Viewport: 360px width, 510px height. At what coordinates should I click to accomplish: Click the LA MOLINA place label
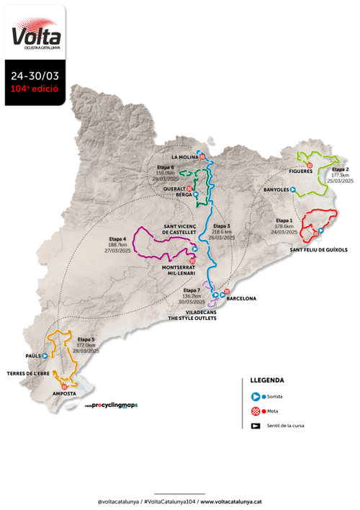[x=184, y=156]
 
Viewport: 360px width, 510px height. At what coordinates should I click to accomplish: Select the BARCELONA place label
[x=241, y=296]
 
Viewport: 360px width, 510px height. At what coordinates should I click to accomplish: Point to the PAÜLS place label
[x=31, y=355]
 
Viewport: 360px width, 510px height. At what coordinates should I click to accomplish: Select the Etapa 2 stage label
[x=340, y=169]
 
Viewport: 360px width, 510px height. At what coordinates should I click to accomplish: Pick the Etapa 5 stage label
[x=86, y=339]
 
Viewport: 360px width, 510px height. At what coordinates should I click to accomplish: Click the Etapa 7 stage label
[x=192, y=290]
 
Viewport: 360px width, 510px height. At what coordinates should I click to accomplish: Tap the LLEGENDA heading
[x=266, y=380]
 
